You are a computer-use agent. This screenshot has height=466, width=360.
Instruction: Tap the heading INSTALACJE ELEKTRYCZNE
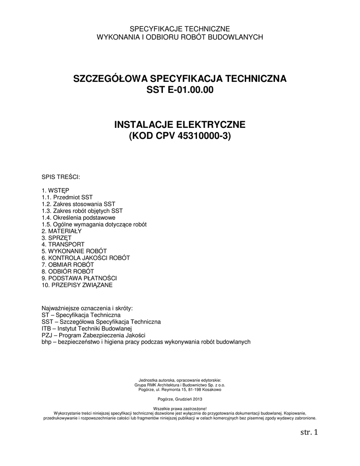click(180, 124)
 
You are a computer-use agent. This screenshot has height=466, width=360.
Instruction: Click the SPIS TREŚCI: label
click(61, 176)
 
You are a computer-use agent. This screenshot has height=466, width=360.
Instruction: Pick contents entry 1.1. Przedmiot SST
click(67, 197)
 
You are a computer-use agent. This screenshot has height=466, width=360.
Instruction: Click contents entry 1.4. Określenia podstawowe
click(78, 218)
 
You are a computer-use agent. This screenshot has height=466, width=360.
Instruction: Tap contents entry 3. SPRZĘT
click(56, 238)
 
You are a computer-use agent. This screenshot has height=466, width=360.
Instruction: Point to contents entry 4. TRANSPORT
click(63, 244)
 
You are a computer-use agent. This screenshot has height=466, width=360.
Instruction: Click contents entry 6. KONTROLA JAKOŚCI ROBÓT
click(86, 258)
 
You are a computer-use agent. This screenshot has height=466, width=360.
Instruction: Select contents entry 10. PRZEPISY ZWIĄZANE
click(77, 285)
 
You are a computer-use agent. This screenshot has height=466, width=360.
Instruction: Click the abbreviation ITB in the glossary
click(46, 328)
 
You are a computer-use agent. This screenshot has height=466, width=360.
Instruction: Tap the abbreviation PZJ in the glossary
click(47, 335)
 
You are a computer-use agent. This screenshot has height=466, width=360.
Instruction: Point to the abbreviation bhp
click(46, 342)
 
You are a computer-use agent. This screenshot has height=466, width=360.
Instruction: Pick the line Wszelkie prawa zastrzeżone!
click(180, 409)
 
